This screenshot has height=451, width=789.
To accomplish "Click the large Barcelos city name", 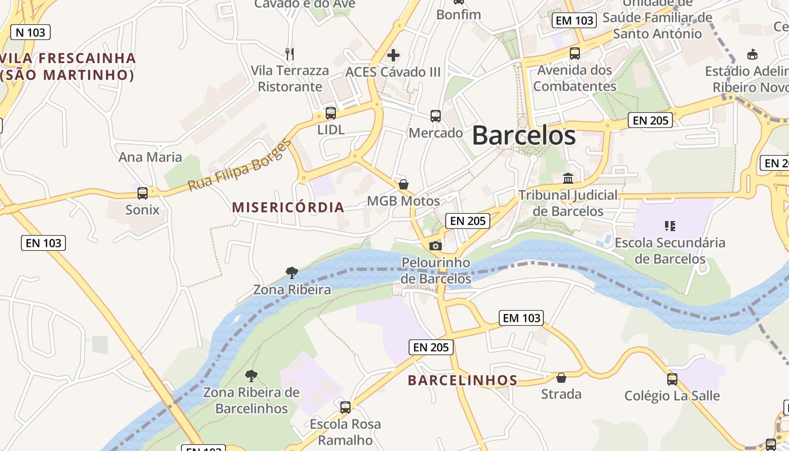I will coord(524,135).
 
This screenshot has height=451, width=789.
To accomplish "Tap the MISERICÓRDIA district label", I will coord(288,207).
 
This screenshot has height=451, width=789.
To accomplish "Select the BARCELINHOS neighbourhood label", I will coord(463,381).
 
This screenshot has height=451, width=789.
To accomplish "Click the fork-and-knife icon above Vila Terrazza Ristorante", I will coord(290,54).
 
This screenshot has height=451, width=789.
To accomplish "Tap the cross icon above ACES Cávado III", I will coord(393,55).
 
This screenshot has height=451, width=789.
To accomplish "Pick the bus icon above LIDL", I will coord(331,113).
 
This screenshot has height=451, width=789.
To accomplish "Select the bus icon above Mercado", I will coord(436,116).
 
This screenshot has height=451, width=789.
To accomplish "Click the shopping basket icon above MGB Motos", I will coord(404,184).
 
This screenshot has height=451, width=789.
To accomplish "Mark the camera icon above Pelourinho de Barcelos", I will coord(436,246).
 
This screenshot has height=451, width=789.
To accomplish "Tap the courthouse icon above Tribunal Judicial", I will coord(568,178).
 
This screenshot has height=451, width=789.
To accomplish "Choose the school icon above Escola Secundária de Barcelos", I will coord(670,226).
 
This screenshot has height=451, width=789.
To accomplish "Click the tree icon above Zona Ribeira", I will coord(292,273).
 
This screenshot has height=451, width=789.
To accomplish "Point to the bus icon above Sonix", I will coord(143,193).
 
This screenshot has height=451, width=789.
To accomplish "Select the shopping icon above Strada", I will coord(561,377).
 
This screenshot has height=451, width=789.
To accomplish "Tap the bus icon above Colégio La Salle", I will coord(672,379).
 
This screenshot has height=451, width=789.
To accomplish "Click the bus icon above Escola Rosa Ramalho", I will coord(345,407).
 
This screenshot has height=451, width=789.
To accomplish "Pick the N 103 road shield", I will coord(30,32).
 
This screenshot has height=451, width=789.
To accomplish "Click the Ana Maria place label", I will coord(150,157).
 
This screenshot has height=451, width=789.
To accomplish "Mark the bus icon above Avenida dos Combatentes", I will coord(575,54).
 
